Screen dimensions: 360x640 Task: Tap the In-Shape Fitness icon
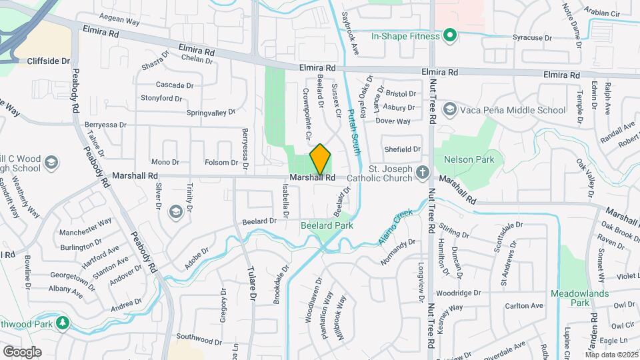[450, 35]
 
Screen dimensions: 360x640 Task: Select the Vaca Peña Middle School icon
[450, 109]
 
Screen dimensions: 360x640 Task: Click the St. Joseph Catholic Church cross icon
[421, 173]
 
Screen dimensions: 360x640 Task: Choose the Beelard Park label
[327, 225]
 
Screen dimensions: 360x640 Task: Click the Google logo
[22, 351]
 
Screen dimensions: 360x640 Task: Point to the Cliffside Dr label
[49, 61]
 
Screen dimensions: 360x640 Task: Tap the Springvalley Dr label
[211, 113]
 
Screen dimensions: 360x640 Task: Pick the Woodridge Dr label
[459, 293]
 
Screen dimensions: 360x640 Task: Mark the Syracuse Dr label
[531, 38]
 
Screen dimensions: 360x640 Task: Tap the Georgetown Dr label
[70, 275]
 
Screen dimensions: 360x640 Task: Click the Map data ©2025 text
[611, 354]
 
